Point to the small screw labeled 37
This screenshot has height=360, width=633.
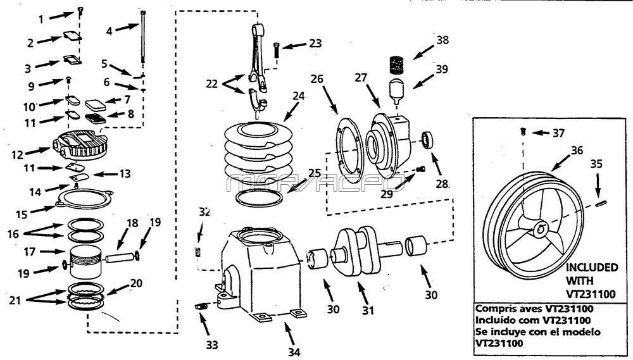[523, 132]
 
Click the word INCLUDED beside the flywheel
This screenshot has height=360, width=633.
[592, 268]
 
